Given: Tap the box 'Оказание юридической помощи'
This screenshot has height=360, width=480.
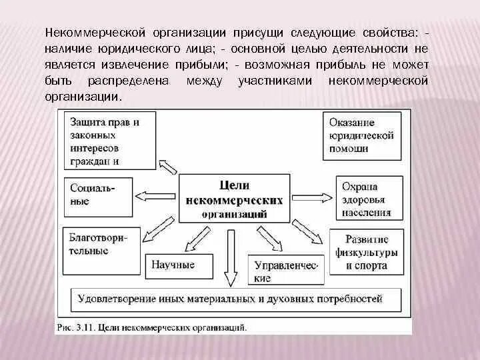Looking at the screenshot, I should pos(363,136).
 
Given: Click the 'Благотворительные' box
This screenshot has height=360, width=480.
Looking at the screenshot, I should pos(100,245).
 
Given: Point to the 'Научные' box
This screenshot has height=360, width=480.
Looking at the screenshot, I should pos(173,265).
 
